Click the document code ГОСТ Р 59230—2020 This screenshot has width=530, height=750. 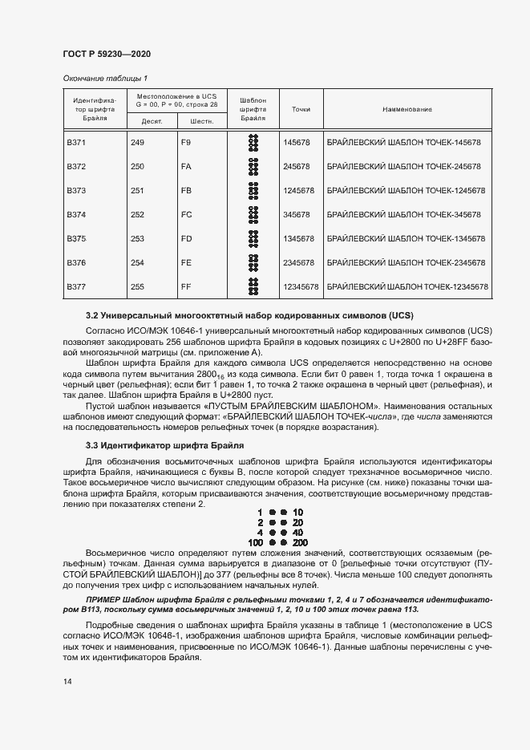coord(107,54)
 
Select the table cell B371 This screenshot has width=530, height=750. coord(76,142)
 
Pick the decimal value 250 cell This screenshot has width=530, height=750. coord(137,166)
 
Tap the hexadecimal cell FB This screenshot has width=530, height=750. coord(186,190)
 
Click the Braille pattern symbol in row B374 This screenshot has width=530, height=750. coord(253,214)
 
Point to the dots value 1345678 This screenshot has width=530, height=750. coord(297,238)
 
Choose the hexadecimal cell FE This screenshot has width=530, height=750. coord(186,262)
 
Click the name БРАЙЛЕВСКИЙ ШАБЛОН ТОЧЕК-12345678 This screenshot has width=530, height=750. coord(408,286)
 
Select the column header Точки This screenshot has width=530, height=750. coord(301,109)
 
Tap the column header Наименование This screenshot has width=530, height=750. coord(407,109)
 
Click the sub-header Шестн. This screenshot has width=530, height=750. coord(201,121)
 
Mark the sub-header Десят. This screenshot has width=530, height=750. coord(152,121)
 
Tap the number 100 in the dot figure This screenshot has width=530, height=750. coord(256,542)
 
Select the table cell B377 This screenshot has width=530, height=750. coord(76,286)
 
